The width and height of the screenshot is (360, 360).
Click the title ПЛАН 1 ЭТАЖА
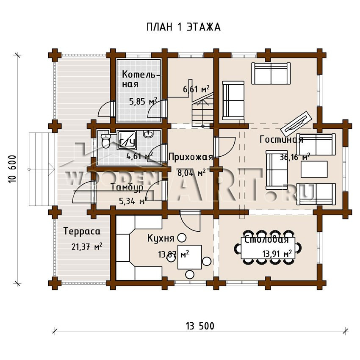point(183,27)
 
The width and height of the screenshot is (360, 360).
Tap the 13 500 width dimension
point(200,326)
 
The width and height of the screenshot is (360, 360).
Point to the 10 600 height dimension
point(12,169)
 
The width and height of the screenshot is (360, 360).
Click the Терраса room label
point(82,231)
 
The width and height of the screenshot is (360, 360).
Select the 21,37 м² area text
point(87,246)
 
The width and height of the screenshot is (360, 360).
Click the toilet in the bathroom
point(105,141)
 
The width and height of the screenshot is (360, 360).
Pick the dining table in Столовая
point(268,248)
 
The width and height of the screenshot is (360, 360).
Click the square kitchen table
point(190,257)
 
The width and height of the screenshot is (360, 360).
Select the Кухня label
point(161,238)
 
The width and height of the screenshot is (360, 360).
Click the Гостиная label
point(281,139)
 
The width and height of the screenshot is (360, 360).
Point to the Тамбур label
point(127,187)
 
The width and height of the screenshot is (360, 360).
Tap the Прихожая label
point(191,158)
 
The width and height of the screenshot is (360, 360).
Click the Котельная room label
point(141,79)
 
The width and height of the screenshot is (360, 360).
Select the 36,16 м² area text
point(295,157)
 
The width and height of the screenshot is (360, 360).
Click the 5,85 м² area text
point(143,101)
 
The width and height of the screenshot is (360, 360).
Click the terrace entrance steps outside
point(42,169)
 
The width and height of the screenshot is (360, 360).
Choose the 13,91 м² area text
point(277,254)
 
